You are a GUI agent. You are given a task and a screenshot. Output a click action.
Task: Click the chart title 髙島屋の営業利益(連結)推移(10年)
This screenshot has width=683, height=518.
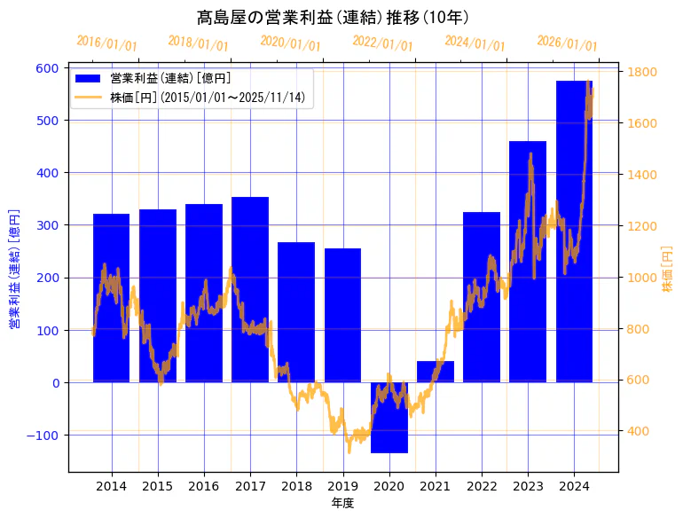pyautogui.click(x=333, y=17)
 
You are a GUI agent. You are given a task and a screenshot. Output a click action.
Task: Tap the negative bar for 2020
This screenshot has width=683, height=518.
pyautogui.click(x=389, y=418)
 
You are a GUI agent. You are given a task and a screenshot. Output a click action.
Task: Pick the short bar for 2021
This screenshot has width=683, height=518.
pyautogui.click(x=436, y=372)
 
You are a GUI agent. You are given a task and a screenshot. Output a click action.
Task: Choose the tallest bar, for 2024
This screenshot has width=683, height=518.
pyautogui.click(x=574, y=232)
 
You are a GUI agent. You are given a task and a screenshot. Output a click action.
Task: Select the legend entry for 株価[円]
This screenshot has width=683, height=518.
pyautogui.click(x=208, y=97)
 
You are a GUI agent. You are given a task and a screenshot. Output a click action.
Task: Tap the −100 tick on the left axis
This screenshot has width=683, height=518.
pyautogui.click(x=43, y=436)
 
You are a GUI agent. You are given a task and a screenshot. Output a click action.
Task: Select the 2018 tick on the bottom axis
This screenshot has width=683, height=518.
pyautogui.click(x=296, y=486)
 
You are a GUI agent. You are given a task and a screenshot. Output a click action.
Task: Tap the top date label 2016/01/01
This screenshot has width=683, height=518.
pyautogui.click(x=106, y=43)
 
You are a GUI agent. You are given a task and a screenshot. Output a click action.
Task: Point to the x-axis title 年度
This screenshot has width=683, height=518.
pyautogui.click(x=342, y=503)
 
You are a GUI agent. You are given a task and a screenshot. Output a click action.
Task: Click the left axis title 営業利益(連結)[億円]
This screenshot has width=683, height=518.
pyautogui.click(x=14, y=269)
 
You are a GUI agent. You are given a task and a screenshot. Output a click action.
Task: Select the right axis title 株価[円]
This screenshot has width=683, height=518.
pyautogui.click(x=668, y=269)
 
